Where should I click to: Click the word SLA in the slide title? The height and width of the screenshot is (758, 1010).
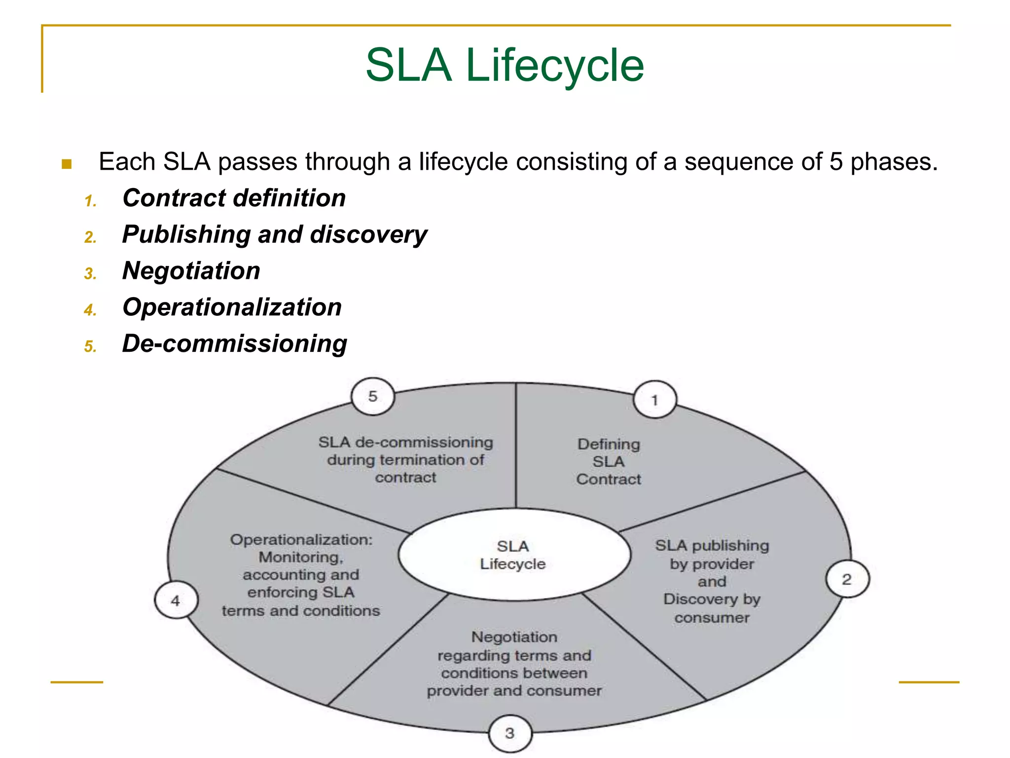point(408,66)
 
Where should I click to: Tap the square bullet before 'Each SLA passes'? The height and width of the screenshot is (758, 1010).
point(67,164)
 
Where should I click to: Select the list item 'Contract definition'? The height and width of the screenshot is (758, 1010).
point(234,198)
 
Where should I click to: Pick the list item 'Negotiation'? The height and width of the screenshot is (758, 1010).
point(191,271)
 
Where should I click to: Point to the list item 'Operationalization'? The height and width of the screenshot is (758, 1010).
point(232,307)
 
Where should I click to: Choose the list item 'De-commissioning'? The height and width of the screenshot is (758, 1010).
point(234,343)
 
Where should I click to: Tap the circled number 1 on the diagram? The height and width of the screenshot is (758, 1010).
point(654,400)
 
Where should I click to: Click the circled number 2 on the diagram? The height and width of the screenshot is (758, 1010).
point(847,579)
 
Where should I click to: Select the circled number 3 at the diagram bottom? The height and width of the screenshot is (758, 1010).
point(510,733)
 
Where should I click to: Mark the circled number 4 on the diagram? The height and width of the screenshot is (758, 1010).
point(176,601)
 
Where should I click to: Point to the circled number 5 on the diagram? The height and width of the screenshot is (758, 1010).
point(373,396)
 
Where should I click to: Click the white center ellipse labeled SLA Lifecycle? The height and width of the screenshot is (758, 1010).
point(514,555)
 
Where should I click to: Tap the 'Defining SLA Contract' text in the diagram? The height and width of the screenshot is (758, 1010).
point(609,462)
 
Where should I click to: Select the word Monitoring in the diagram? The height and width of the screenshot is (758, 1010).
point(300,557)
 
